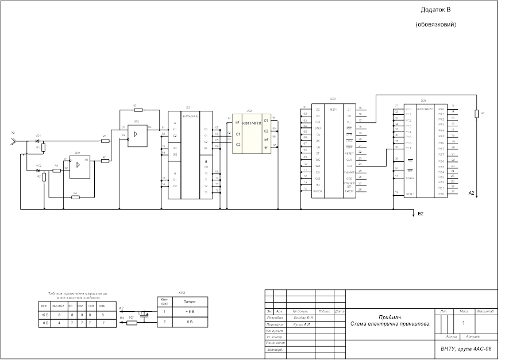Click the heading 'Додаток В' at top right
click(436, 10)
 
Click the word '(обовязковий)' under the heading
click(436, 25)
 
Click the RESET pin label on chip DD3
click(349, 153)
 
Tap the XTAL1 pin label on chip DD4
click(410, 193)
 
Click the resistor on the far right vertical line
click(476, 113)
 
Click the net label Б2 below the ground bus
click(421, 214)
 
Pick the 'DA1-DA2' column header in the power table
click(58, 306)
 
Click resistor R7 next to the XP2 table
click(132, 322)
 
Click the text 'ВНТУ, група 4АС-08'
click(466, 349)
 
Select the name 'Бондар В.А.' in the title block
click(301, 317)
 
